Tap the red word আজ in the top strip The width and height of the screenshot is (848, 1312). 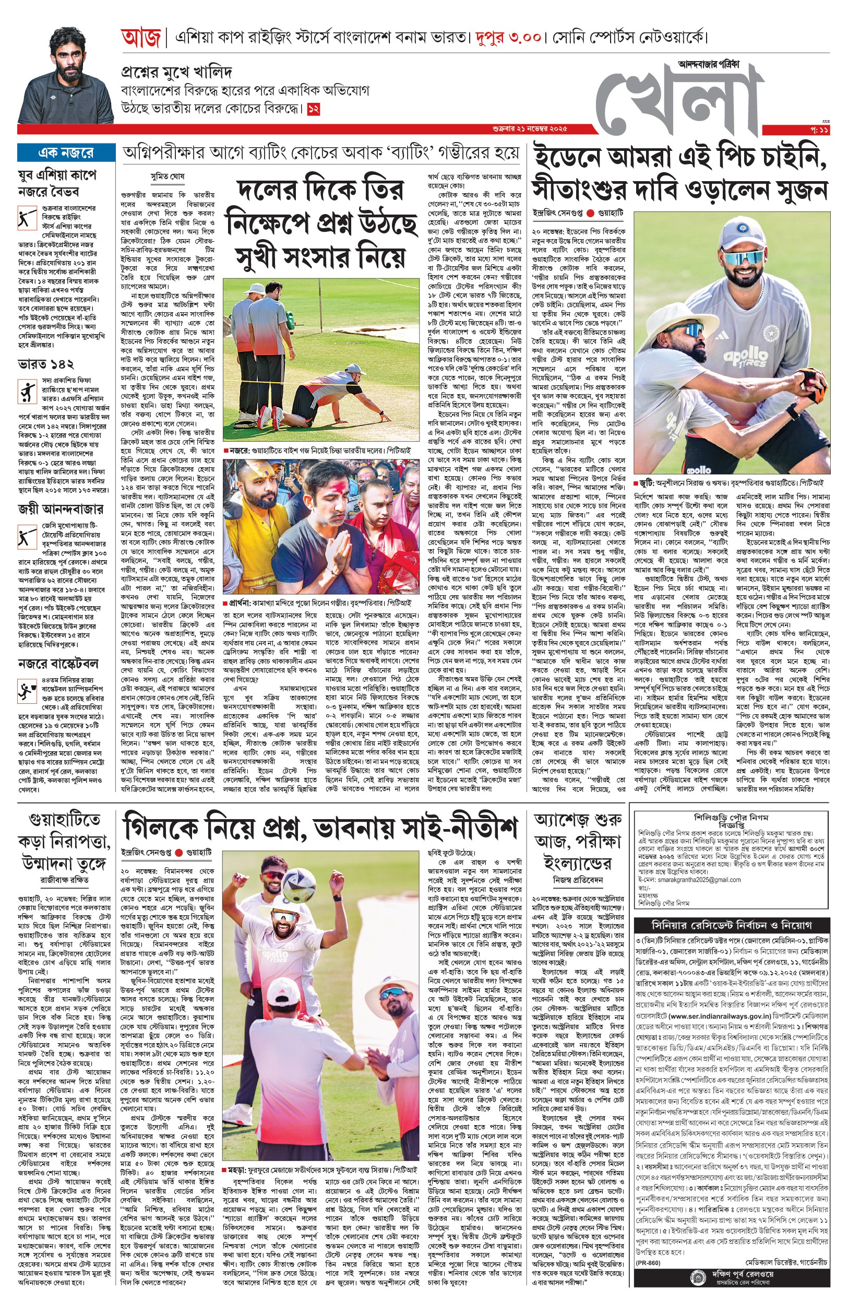(x=140, y=39)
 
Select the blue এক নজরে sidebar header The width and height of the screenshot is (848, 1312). (x=66, y=152)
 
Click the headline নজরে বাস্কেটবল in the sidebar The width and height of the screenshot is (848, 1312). (x=58, y=663)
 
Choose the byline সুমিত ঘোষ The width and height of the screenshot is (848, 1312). (x=168, y=177)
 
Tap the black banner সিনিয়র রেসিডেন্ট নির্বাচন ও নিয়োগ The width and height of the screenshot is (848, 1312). (x=731, y=925)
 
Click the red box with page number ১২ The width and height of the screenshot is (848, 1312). (x=313, y=109)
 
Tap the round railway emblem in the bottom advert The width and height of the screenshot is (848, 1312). (x=696, y=1289)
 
